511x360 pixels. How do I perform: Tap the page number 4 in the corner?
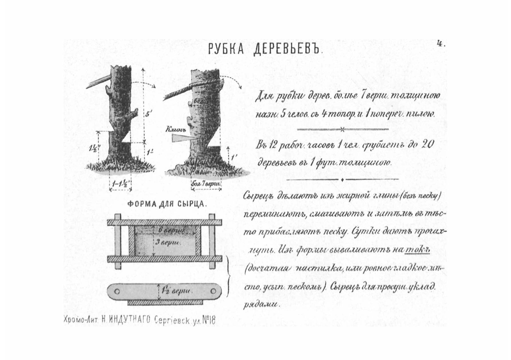coord(440,44)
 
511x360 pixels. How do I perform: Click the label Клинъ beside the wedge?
coord(176,130)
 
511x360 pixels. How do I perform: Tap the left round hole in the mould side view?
coord(117,291)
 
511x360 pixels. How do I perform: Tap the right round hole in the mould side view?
coord(213,291)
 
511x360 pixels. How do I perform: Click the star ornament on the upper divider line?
coord(342,129)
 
